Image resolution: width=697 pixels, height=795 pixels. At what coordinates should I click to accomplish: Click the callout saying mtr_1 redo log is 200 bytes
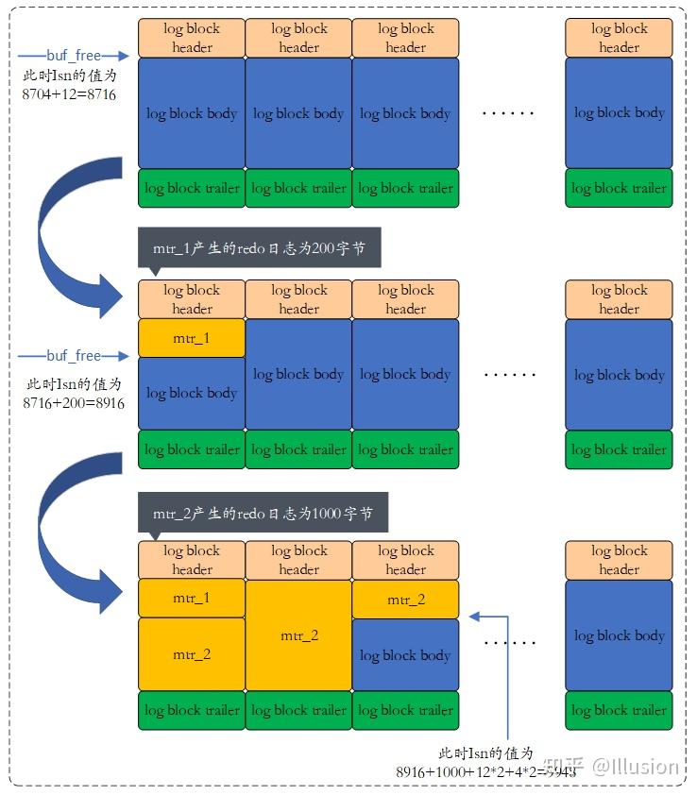tap(259, 249)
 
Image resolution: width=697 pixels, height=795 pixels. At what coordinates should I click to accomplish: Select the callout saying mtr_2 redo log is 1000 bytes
tap(263, 514)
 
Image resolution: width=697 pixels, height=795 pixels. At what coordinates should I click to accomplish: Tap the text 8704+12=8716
tap(70, 94)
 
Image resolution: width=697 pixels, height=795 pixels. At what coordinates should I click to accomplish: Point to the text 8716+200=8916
tap(74, 402)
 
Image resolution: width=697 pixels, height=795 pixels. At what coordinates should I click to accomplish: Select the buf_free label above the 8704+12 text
tap(73, 56)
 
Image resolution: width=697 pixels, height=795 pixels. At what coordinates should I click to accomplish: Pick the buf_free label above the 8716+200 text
tap(73, 356)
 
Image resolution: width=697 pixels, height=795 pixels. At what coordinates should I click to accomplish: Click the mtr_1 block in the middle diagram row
tap(192, 337)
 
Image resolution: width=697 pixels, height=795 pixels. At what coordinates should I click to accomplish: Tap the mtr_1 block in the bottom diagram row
tap(192, 598)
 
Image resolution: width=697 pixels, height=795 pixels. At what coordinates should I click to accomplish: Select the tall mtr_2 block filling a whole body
tap(298, 635)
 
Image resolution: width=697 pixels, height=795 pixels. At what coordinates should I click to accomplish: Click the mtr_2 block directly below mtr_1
tap(192, 654)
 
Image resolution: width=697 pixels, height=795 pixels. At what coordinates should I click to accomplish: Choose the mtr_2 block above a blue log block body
tap(405, 600)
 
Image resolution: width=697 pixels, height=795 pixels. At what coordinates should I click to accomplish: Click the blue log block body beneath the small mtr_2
tap(405, 654)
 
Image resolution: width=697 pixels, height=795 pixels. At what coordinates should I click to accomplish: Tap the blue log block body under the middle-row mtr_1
tap(192, 393)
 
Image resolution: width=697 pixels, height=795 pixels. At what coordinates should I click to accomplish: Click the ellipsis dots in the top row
tap(509, 113)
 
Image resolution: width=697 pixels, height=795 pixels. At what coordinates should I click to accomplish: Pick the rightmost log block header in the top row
tap(619, 38)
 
